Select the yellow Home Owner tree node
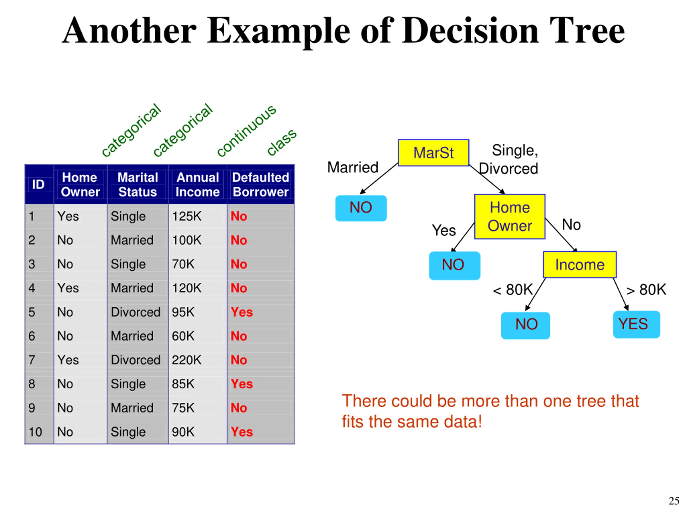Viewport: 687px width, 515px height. point(510,216)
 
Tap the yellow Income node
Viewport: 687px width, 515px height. point(580,264)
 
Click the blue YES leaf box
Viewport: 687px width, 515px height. point(636,324)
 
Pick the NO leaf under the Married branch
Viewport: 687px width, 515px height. point(361,208)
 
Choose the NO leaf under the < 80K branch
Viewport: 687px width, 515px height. point(525,325)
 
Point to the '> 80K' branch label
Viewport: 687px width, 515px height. point(646,290)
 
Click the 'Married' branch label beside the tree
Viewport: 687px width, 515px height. point(353,167)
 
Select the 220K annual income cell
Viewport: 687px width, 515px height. point(187,360)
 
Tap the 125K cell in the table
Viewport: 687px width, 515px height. point(187,216)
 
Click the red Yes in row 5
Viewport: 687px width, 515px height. point(242,312)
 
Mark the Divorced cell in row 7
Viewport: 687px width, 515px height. point(136,360)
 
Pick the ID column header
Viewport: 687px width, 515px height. point(38,184)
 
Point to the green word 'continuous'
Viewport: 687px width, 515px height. point(246,131)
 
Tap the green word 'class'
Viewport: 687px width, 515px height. point(282,142)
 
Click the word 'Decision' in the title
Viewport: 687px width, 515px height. point(470,31)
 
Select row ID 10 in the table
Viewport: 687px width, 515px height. point(35,432)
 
